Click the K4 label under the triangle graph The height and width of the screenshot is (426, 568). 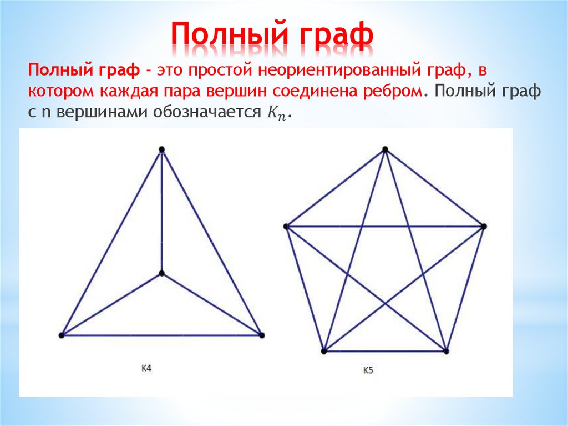pyautogui.click(x=146, y=367)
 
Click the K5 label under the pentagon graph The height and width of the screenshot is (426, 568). pyautogui.click(x=368, y=370)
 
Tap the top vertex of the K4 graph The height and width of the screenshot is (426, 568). pyautogui.click(x=161, y=149)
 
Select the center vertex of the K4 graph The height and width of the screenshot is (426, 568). pyautogui.click(x=161, y=273)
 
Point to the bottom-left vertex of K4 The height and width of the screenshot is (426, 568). pyautogui.click(x=62, y=335)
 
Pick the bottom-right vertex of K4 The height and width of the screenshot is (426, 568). pyautogui.click(x=262, y=335)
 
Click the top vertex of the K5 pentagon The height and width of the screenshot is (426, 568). pyautogui.click(x=385, y=149)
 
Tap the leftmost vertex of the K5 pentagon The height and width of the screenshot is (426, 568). pyautogui.click(x=286, y=226)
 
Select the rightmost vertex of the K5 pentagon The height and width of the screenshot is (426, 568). pyautogui.click(x=484, y=226)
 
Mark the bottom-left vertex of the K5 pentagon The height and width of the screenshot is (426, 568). pyautogui.click(x=324, y=351)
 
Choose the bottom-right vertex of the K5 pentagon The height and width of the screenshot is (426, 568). pyautogui.click(x=446, y=351)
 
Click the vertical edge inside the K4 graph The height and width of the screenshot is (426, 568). pyautogui.click(x=161, y=211)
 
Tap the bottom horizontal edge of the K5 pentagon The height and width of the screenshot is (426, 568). pyautogui.click(x=385, y=351)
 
